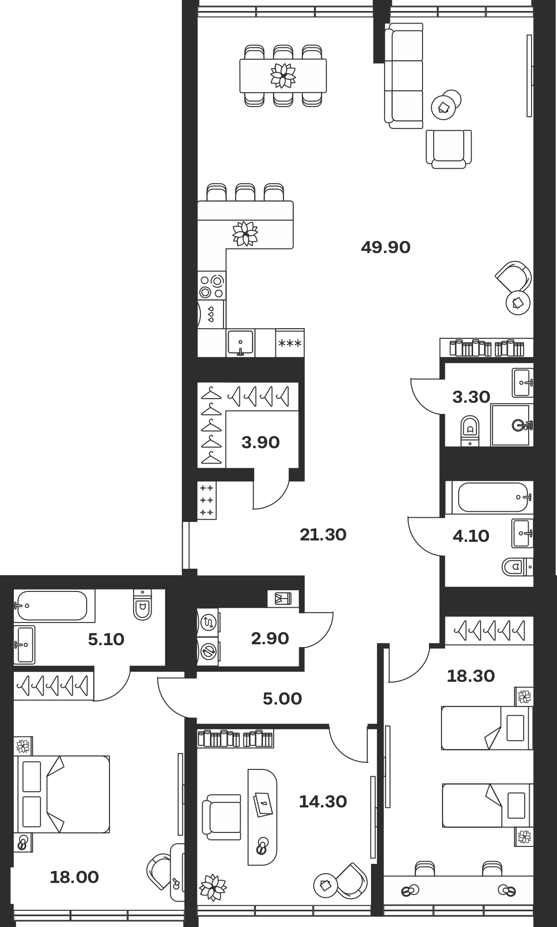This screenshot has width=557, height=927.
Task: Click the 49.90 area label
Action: [x=385, y=248]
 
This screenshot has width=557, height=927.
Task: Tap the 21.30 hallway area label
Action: [x=323, y=535]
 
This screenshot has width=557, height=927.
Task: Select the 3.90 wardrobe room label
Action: [x=261, y=443]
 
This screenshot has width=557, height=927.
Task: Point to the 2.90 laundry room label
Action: [x=270, y=638]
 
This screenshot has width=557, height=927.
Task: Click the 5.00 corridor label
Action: [x=282, y=698]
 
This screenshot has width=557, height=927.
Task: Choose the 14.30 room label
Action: [x=323, y=801]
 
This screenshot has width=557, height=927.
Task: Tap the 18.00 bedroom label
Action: [x=74, y=877]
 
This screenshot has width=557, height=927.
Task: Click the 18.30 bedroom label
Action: [x=471, y=676]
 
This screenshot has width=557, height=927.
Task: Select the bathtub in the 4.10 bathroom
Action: [x=493, y=497]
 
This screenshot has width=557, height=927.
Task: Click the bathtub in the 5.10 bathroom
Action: [x=52, y=605]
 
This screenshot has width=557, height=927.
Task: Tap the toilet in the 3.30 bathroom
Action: [x=470, y=430]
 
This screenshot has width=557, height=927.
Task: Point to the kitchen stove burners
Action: [x=211, y=286]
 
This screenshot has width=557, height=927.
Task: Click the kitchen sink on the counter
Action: [x=240, y=343]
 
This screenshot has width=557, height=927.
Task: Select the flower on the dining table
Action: [x=283, y=75]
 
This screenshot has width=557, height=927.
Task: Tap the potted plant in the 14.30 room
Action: [x=213, y=888]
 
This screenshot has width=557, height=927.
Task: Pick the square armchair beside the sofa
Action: [x=448, y=148]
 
